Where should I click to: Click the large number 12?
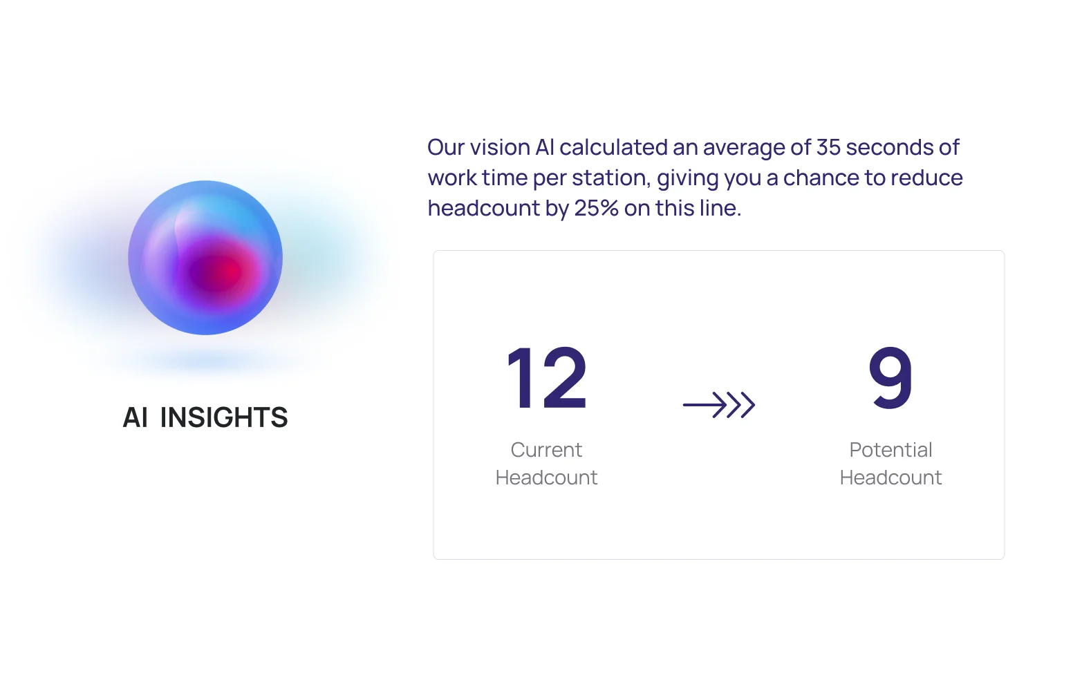[x=547, y=378]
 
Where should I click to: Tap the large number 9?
[x=890, y=378]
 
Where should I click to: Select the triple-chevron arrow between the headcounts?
[x=719, y=405]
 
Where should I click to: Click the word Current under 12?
[x=546, y=450]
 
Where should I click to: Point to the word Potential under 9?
[x=890, y=450]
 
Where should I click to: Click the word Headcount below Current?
[x=546, y=477]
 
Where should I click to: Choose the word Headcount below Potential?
[x=890, y=477]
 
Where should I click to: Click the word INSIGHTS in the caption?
[x=224, y=417]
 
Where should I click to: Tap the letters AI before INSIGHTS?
[x=136, y=417]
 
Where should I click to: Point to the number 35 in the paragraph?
[x=828, y=147]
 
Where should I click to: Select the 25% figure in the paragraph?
[x=596, y=208]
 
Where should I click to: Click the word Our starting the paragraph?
[x=446, y=147]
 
